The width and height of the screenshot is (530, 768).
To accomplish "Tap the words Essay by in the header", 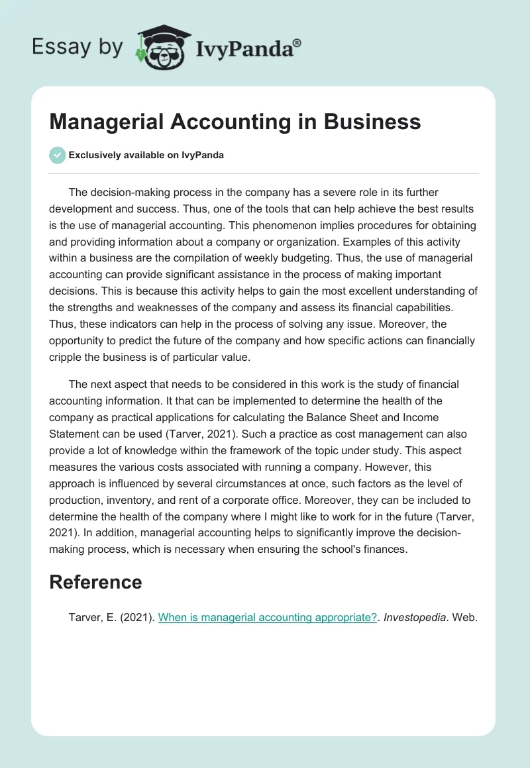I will coord(78,46).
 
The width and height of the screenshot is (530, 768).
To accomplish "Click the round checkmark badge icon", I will coord(57,155).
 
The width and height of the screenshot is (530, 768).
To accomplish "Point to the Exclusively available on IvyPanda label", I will coord(146,155).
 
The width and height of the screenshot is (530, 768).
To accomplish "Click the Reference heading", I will coord(96,582).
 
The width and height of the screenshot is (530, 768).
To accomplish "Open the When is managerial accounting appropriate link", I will coord(267,617).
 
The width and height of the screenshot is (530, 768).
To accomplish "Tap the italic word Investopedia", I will coord(413,617).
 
